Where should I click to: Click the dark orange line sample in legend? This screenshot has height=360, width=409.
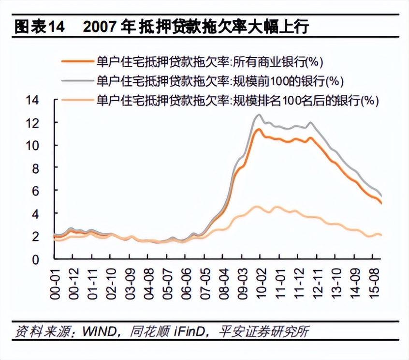77,61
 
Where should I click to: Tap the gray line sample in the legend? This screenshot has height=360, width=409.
77,80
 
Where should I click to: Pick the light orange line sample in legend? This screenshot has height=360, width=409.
77,100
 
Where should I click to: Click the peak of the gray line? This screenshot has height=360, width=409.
259,115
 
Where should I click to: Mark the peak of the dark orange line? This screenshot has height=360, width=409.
259,129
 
